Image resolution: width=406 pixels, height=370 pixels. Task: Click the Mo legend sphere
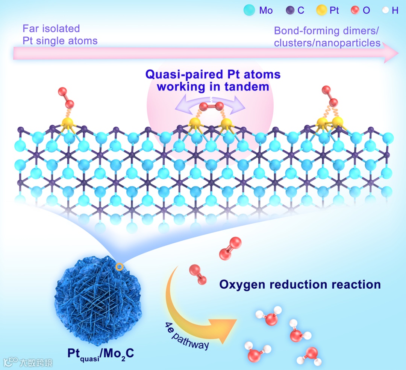[249, 10]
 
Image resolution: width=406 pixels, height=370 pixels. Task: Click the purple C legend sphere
[290, 10]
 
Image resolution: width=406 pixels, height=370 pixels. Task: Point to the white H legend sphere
[384, 11]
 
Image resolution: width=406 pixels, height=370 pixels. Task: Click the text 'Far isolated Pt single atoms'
[60, 34]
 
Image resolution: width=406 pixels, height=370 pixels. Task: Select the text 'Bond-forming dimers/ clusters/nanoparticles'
[327, 37]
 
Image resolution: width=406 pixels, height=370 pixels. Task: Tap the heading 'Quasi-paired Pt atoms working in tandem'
[213, 80]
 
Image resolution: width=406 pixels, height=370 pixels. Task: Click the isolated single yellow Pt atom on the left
[68, 123]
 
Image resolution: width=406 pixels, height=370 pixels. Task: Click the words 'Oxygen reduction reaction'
[300, 284]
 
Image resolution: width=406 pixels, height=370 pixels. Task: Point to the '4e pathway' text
[187, 336]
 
